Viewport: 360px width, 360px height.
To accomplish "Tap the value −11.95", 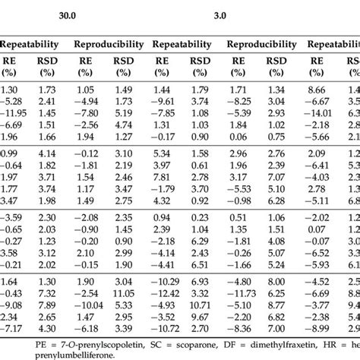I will [16, 113].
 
